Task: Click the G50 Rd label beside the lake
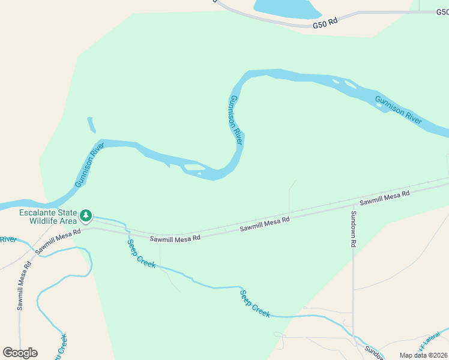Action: [x=325, y=23]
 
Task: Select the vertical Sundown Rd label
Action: [x=354, y=229]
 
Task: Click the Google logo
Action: [x=20, y=353]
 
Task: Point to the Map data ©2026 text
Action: [x=423, y=355]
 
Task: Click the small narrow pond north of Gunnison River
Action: [x=92, y=125]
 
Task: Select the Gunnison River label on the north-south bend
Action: [x=236, y=120]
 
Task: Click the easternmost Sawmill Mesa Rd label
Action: [x=384, y=198]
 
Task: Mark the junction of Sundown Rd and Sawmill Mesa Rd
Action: [x=352, y=204]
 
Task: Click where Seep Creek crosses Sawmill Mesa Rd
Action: [x=126, y=230]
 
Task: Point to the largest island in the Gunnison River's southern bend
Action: [x=194, y=167]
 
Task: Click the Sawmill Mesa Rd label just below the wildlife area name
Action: [x=58, y=241]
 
